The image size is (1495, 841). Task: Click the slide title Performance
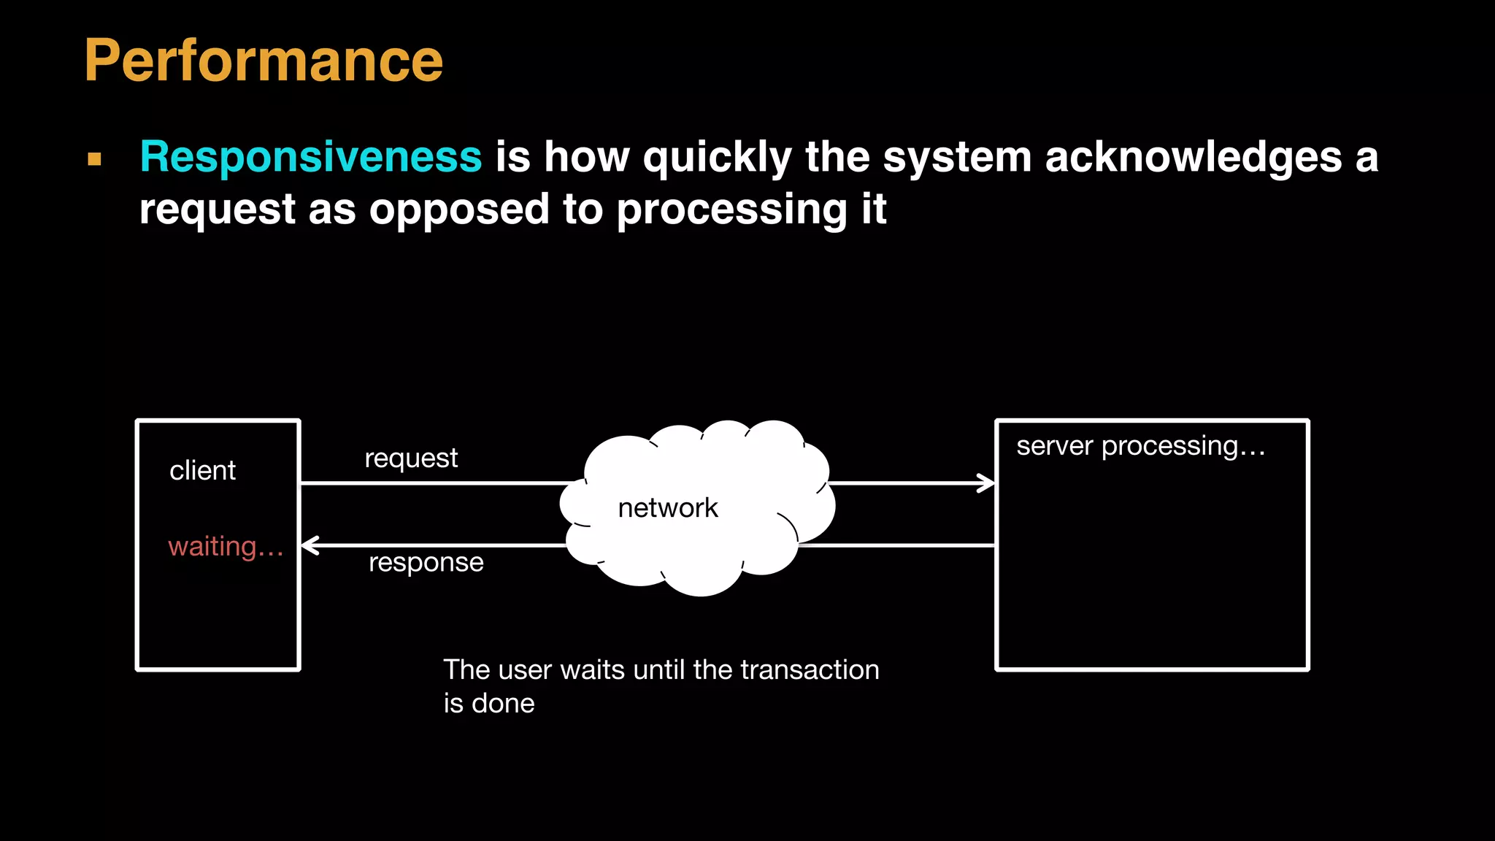coord(264,61)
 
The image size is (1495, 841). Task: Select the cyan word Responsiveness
coord(311,156)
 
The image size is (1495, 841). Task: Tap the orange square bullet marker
coord(94,158)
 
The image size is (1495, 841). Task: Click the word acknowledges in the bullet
coord(1194,158)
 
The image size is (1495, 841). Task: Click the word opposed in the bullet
coord(459,210)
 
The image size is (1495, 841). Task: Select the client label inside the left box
coord(202,471)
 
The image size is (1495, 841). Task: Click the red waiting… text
coord(226,546)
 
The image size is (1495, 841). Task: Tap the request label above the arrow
coord(411,458)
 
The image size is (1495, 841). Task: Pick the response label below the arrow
coord(426,562)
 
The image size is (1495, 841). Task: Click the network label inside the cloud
coord(668,508)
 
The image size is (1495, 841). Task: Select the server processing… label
coord(1140,446)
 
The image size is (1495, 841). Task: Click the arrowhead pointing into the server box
coord(988,483)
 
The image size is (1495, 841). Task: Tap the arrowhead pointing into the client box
coord(310,545)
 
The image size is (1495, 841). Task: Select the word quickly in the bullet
coord(718,158)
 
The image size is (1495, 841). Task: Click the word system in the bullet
coord(957,158)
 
